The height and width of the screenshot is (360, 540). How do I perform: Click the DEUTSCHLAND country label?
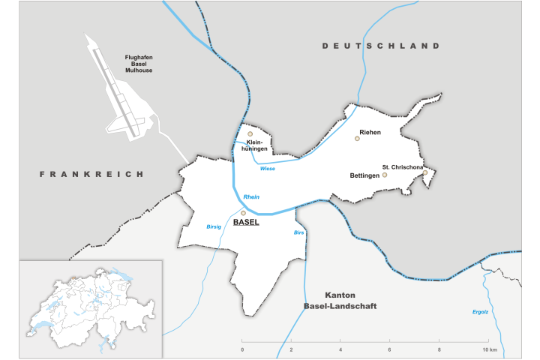click(381, 46)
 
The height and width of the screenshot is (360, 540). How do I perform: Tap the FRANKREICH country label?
click(91, 174)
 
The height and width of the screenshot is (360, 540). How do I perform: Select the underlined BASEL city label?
click(246, 223)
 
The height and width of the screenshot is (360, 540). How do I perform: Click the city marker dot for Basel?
click(243, 213)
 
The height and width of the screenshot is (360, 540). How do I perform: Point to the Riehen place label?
click(370, 132)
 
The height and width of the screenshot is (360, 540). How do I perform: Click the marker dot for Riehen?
click(357, 139)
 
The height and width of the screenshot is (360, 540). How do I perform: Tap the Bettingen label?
click(365, 175)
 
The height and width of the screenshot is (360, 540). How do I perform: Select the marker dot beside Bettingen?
click(385, 175)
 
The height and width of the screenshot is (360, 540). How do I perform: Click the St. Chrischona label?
click(403, 166)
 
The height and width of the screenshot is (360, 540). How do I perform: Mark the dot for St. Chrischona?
click(424, 172)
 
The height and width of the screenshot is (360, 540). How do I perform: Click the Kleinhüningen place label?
click(255, 145)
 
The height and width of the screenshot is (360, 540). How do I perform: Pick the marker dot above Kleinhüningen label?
click(250, 134)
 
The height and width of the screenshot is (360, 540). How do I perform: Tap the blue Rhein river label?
click(251, 196)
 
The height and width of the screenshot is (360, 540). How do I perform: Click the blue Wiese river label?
click(268, 169)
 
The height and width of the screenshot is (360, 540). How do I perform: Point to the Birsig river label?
click(214, 226)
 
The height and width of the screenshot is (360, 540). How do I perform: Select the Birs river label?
click(298, 232)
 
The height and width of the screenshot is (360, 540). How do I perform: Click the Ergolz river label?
click(481, 311)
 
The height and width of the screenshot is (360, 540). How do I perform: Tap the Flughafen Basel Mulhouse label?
click(139, 63)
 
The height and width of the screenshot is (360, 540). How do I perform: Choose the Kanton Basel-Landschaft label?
click(340, 301)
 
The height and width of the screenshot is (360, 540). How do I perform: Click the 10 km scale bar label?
click(490, 350)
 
